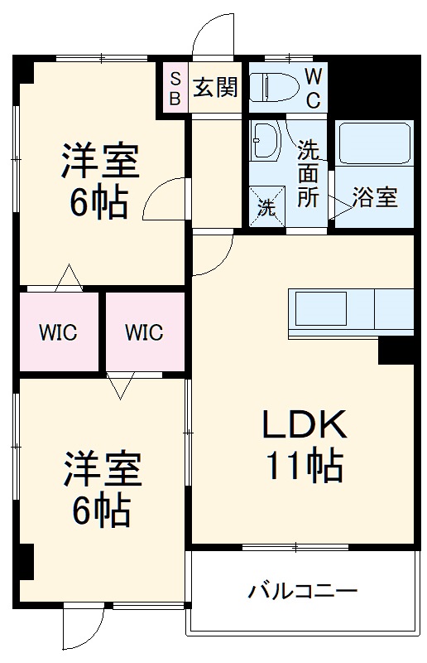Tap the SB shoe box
point(175,86)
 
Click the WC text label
point(314,87)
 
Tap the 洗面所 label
point(308,175)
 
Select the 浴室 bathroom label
point(374,197)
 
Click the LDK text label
point(303,426)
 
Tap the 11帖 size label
point(303,467)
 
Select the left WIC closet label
point(58,333)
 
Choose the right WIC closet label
point(144,333)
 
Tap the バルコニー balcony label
point(303,592)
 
